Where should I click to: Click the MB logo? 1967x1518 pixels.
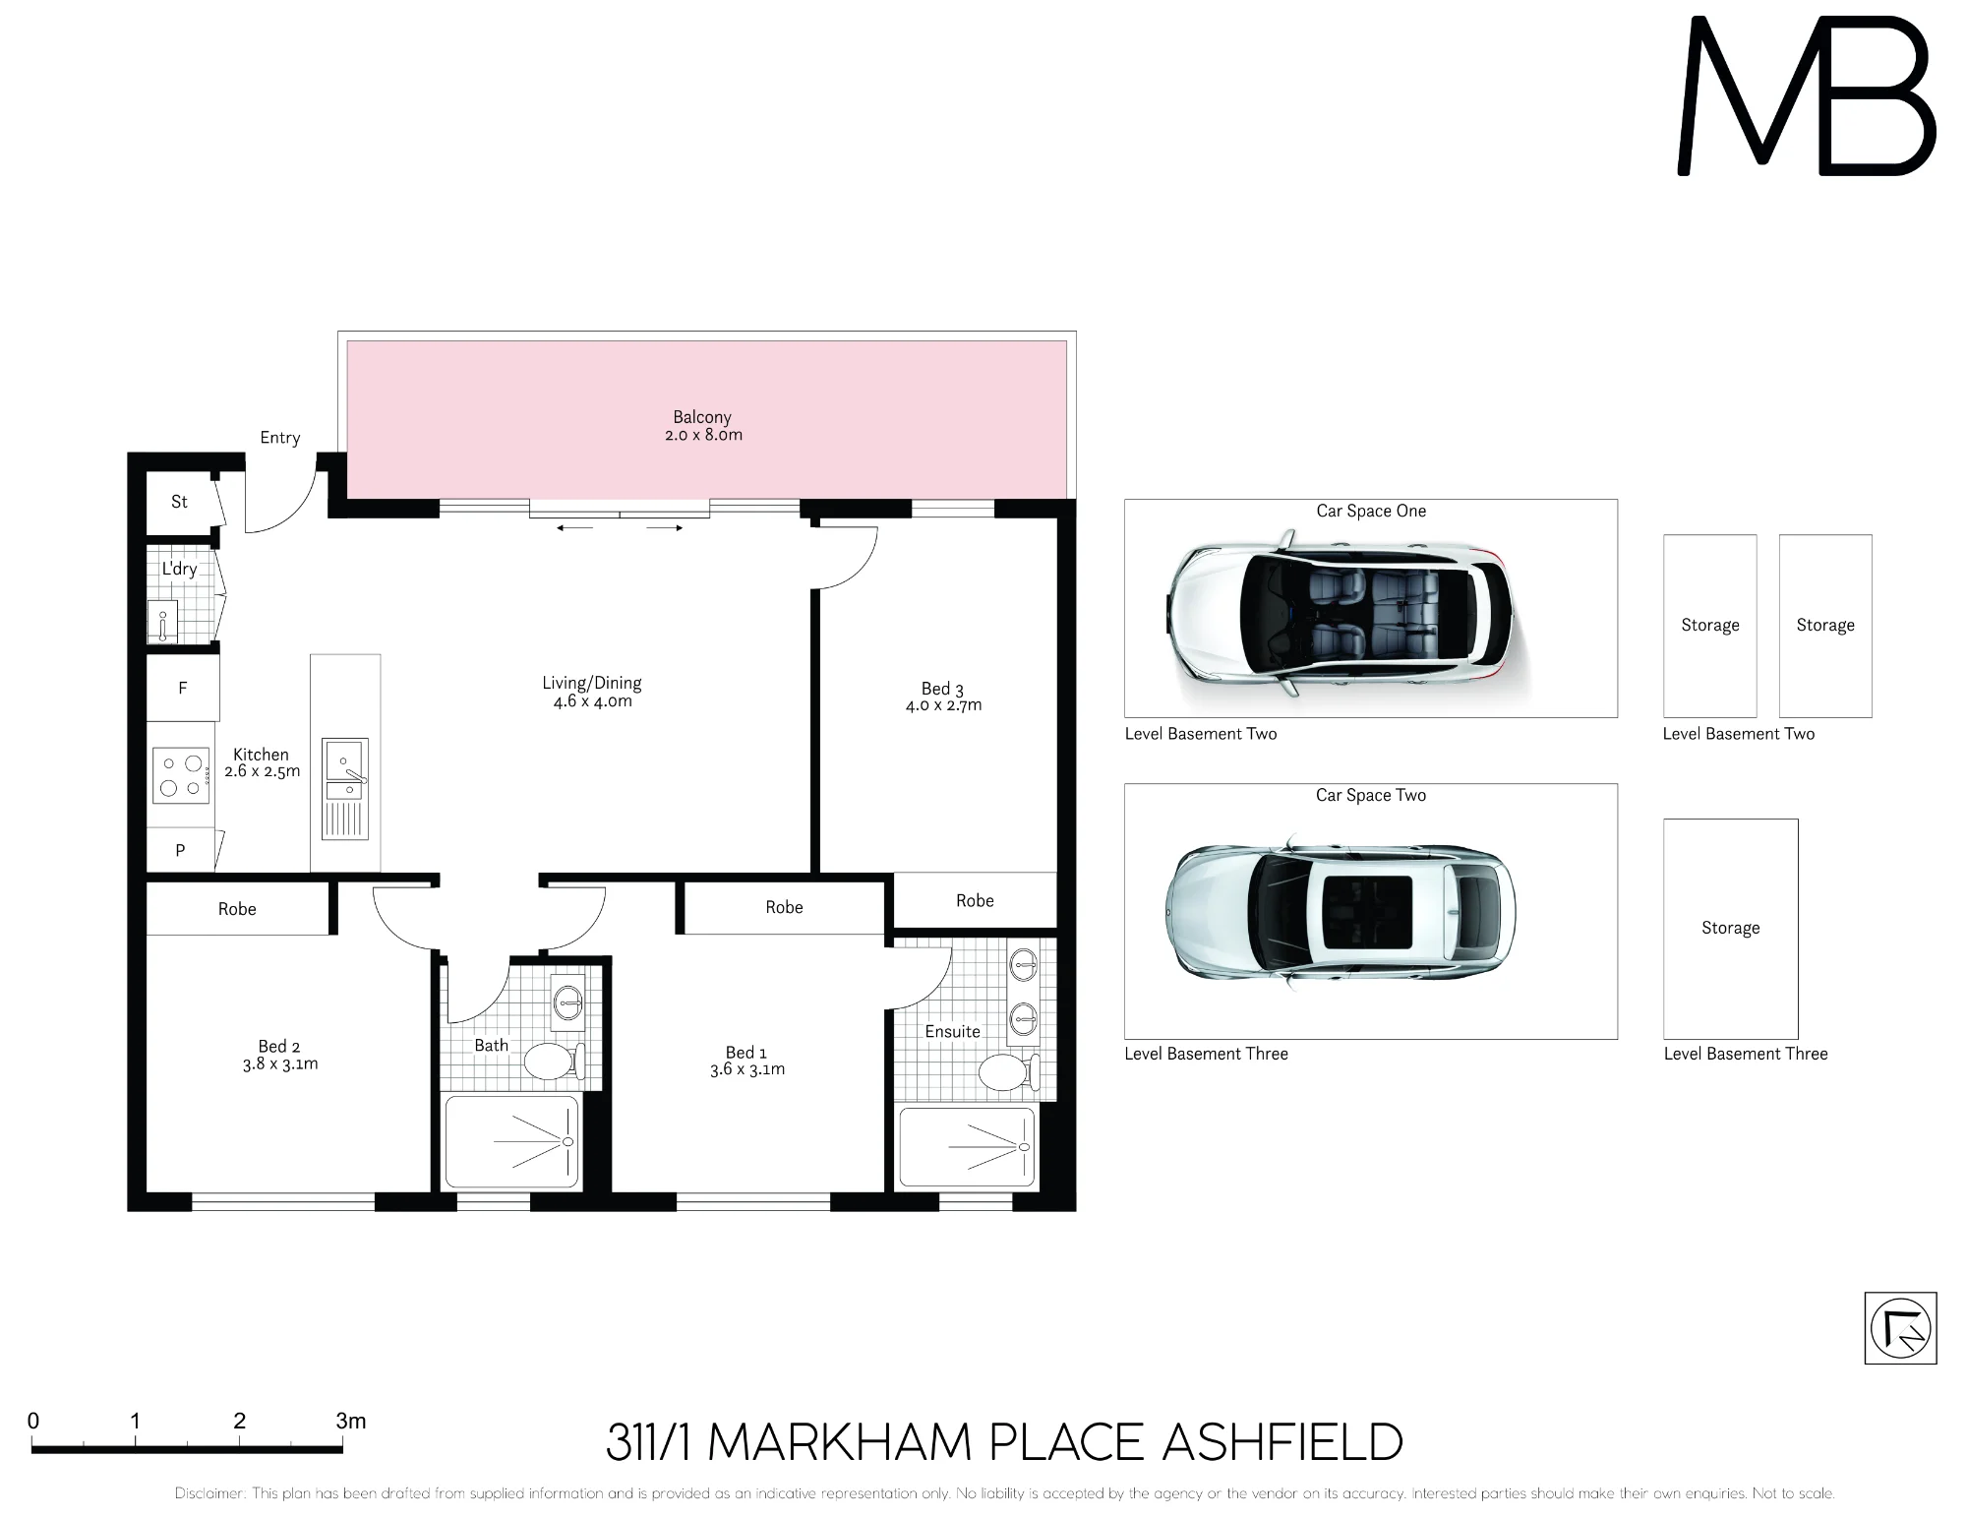pos(1807,96)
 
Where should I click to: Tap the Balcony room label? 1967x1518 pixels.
pos(702,417)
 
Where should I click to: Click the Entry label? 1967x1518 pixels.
pos(280,438)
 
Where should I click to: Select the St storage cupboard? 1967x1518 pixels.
pos(180,502)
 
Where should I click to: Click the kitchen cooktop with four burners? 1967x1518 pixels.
pos(182,775)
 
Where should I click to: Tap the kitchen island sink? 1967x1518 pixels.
pos(345,769)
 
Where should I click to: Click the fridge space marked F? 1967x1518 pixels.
pos(183,688)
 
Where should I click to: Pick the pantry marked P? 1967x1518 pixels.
pos(181,850)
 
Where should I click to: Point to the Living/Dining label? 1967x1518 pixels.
pos(592,683)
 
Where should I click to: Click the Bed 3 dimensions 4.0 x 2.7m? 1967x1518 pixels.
pos(943,705)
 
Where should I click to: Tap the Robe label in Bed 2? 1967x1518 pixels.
pos(237,909)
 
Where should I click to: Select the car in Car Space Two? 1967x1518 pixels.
pos(1341,911)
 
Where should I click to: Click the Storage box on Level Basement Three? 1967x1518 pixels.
pos(1730,929)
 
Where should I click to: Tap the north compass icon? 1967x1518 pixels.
pos(1900,1328)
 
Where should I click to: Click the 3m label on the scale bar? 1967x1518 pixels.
pos(351,1421)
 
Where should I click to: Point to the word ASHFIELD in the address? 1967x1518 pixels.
pos(1282,1443)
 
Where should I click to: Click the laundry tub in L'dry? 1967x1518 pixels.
pos(164,622)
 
